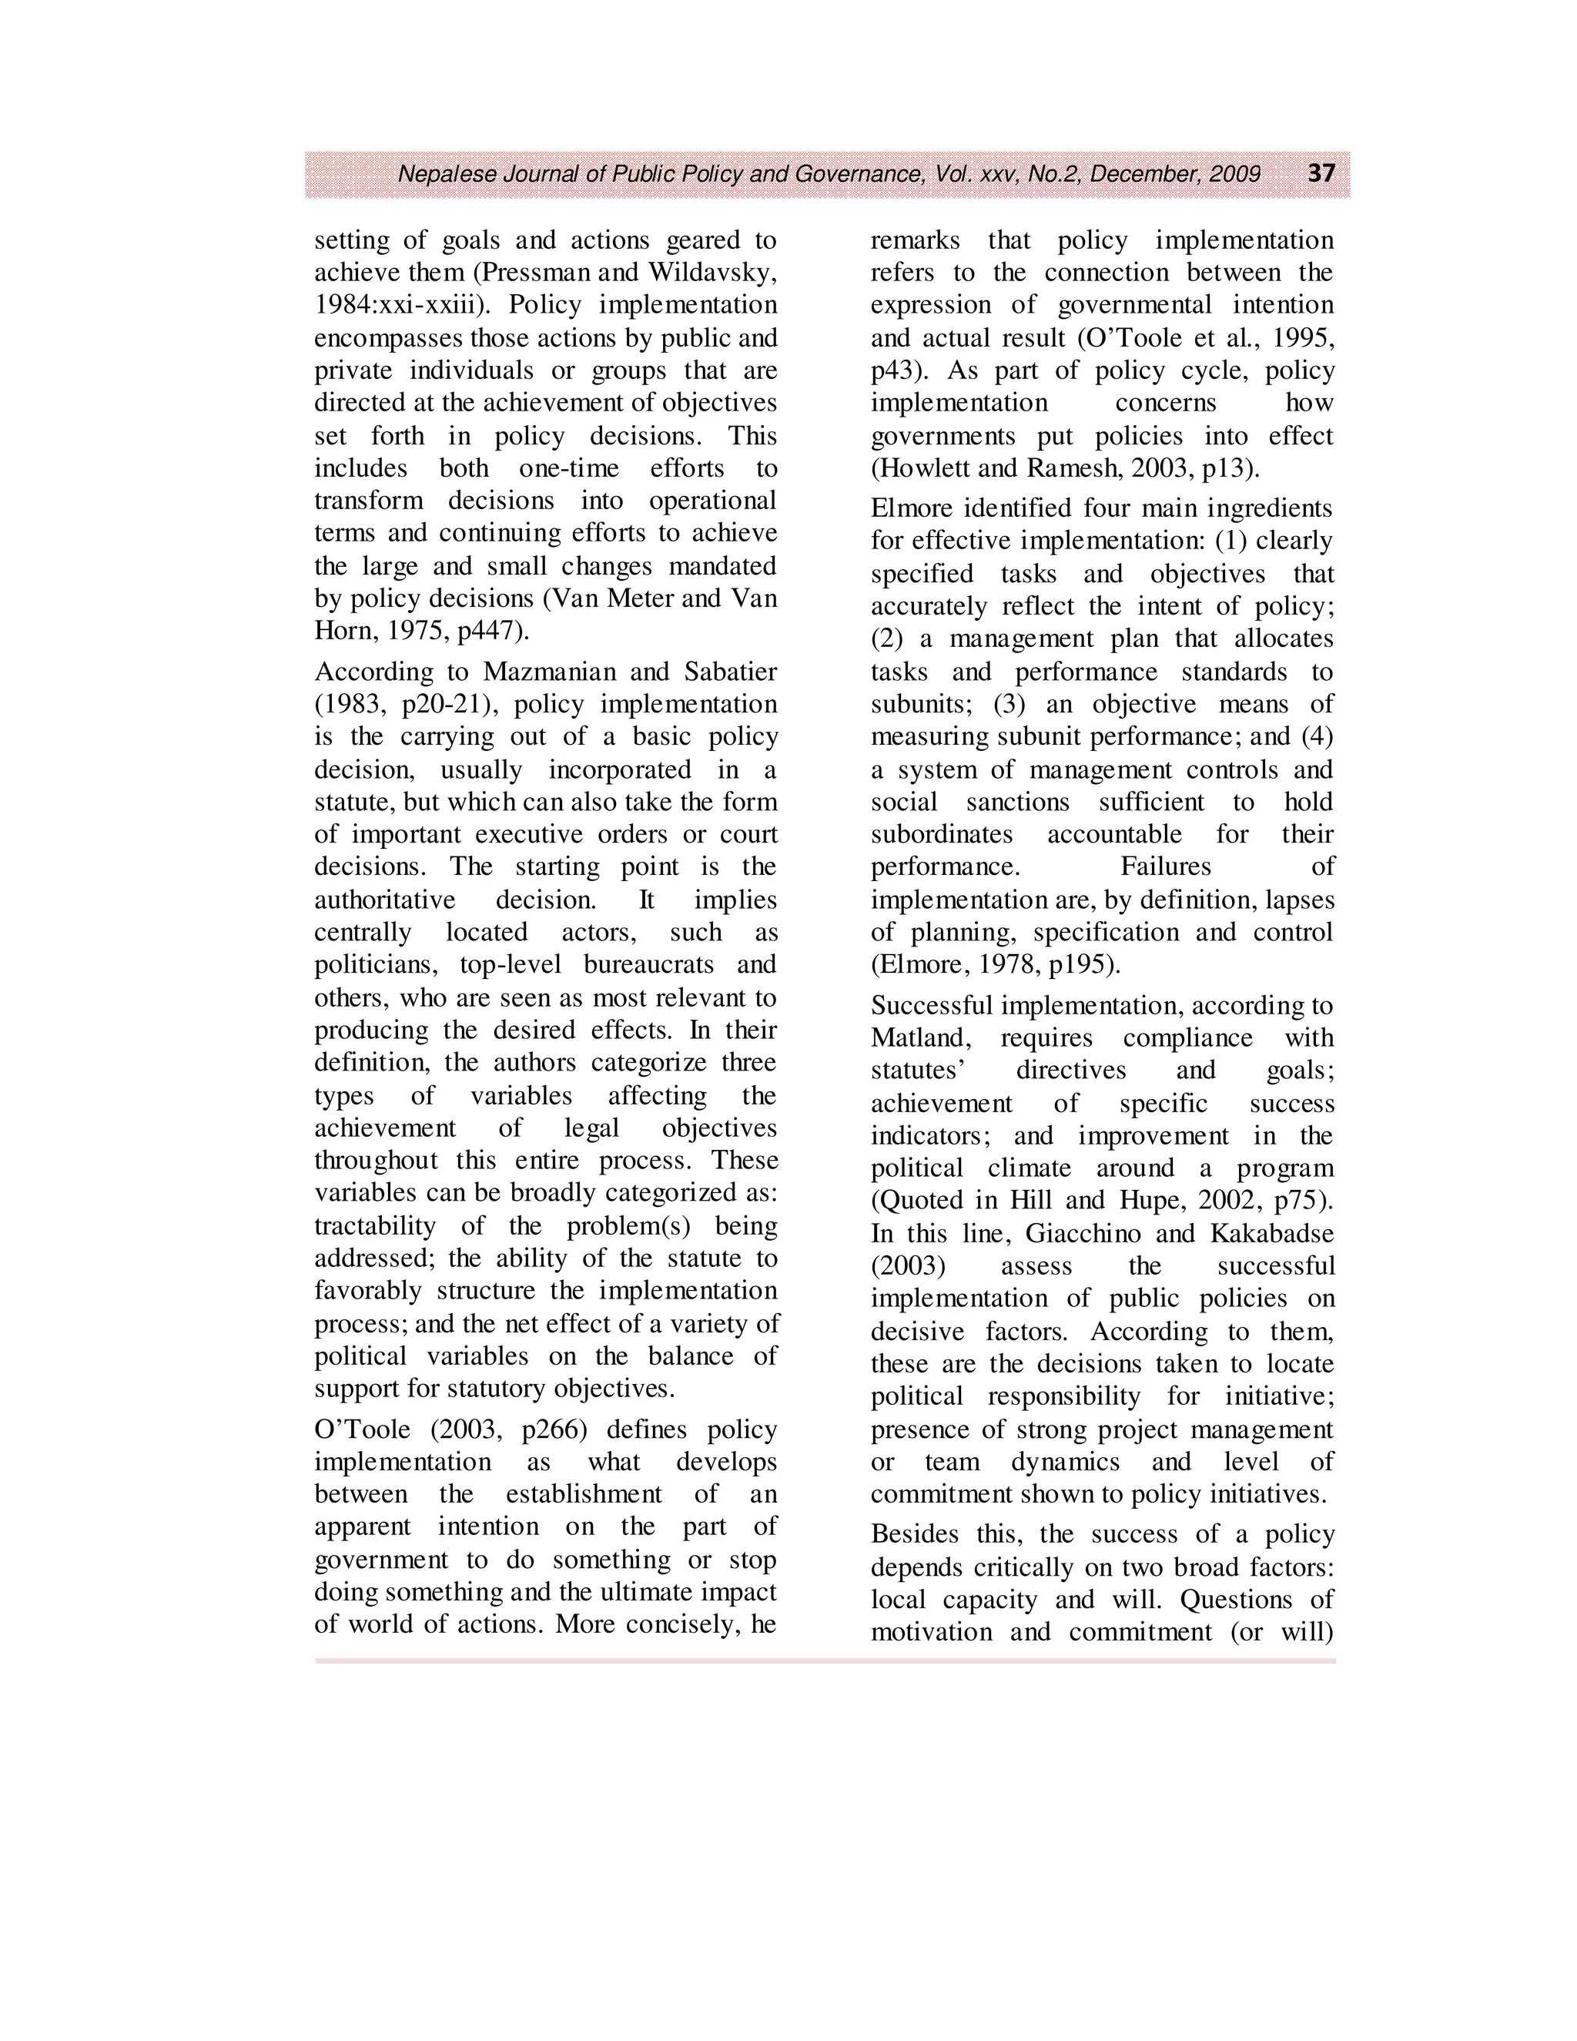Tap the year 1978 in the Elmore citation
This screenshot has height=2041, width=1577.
point(993,964)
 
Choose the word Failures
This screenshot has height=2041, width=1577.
point(1165,866)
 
